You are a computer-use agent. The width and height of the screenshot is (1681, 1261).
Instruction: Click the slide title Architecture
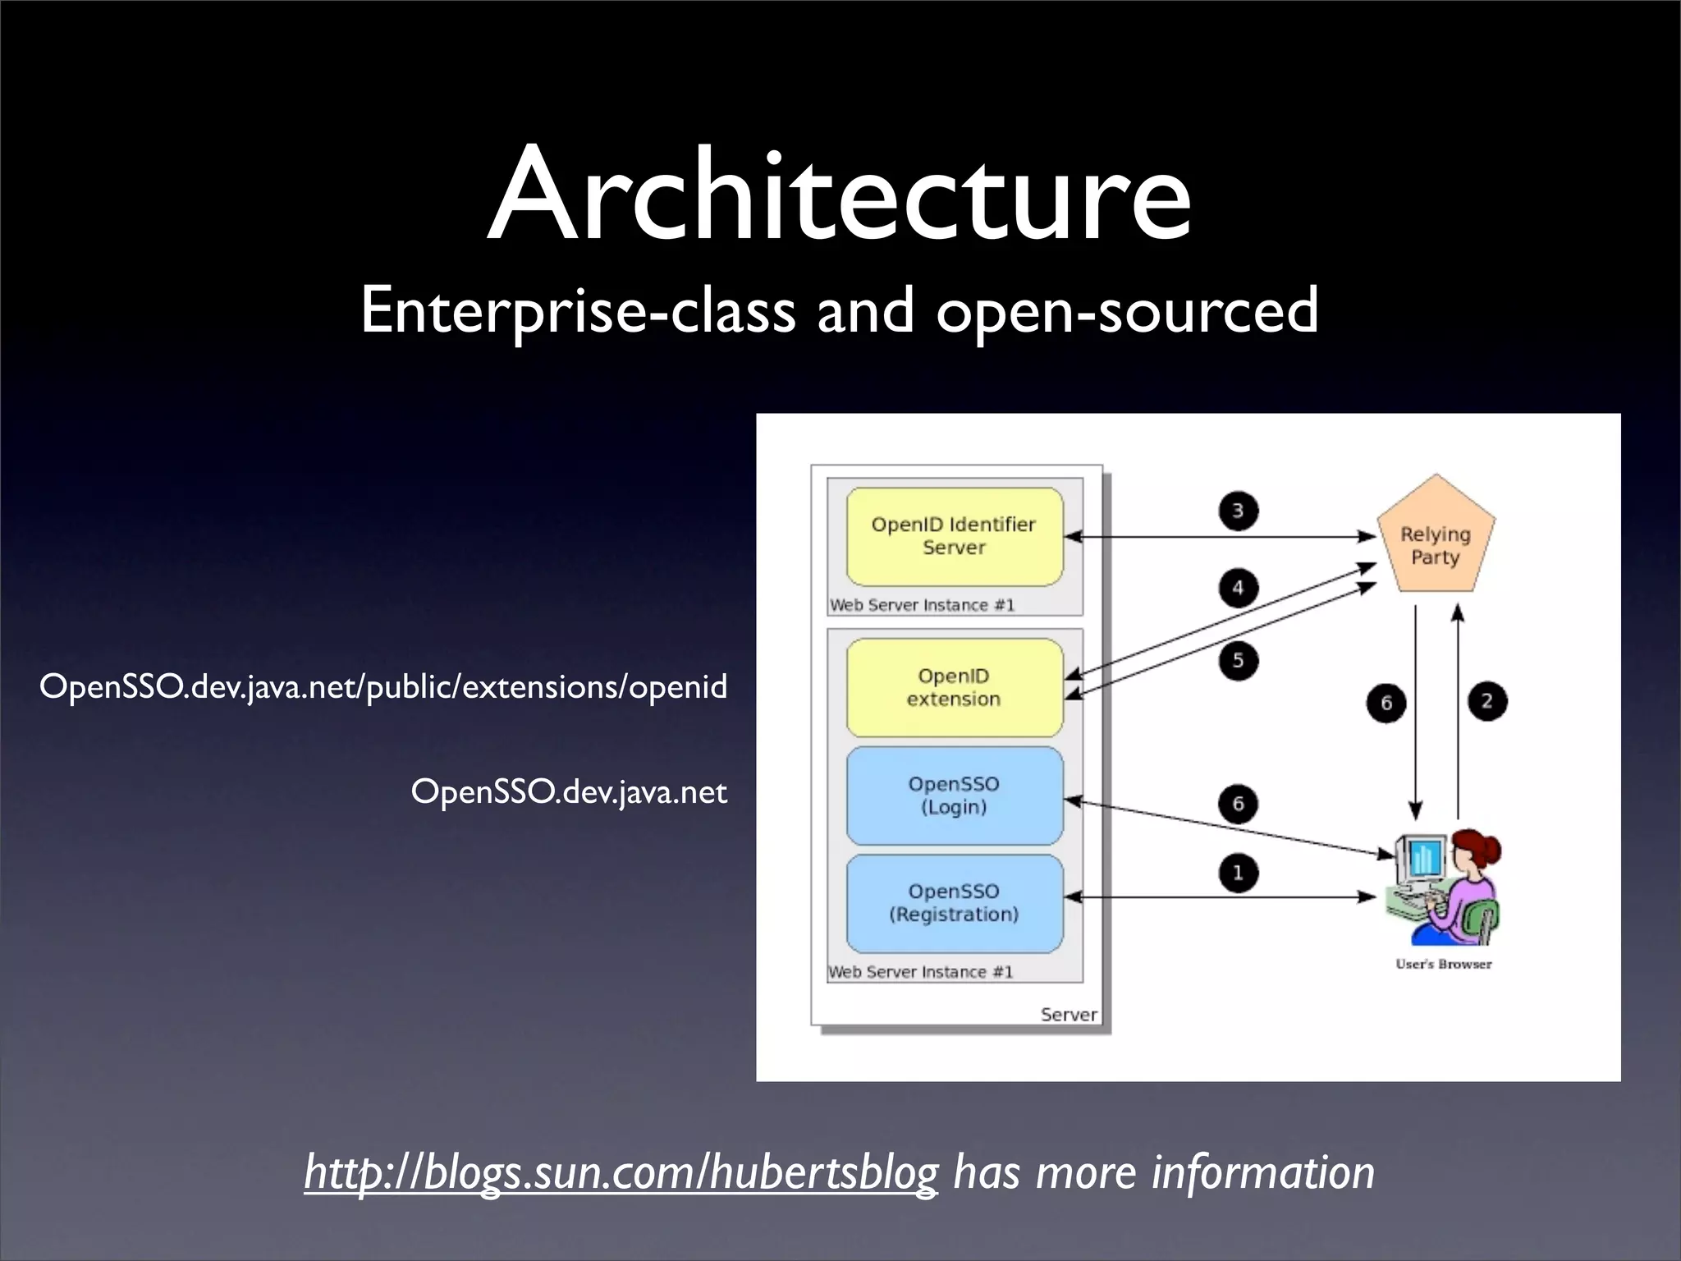tap(839, 195)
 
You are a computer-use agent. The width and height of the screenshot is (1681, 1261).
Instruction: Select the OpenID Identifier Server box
tap(954, 536)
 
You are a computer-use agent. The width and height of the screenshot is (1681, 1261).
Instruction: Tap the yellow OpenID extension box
tap(954, 687)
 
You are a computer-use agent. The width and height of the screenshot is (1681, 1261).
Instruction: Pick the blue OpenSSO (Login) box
tap(954, 795)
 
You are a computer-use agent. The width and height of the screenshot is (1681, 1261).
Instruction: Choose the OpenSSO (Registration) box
tap(954, 903)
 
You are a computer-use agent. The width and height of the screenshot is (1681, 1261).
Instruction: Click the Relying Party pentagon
tap(1436, 542)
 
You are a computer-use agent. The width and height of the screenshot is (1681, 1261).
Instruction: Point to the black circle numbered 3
tap(1238, 511)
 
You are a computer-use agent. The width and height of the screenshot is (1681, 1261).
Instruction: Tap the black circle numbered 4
tap(1238, 588)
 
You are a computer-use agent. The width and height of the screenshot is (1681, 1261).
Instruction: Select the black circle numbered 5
tap(1238, 660)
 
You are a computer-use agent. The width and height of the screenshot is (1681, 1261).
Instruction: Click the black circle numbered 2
tap(1486, 702)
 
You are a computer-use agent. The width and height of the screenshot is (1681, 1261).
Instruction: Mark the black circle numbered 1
tap(1238, 873)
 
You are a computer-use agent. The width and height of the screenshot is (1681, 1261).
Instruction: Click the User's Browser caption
tap(1443, 964)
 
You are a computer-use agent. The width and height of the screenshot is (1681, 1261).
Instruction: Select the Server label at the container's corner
tap(1068, 1015)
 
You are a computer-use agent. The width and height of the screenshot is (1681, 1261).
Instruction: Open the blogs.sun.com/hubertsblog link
tap(621, 1172)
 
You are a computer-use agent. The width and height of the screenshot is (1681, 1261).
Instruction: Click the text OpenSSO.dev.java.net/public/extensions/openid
tap(383, 686)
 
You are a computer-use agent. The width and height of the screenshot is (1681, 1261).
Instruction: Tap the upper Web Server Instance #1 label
tap(922, 605)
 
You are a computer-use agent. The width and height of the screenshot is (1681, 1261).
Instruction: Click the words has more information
tap(1163, 1172)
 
